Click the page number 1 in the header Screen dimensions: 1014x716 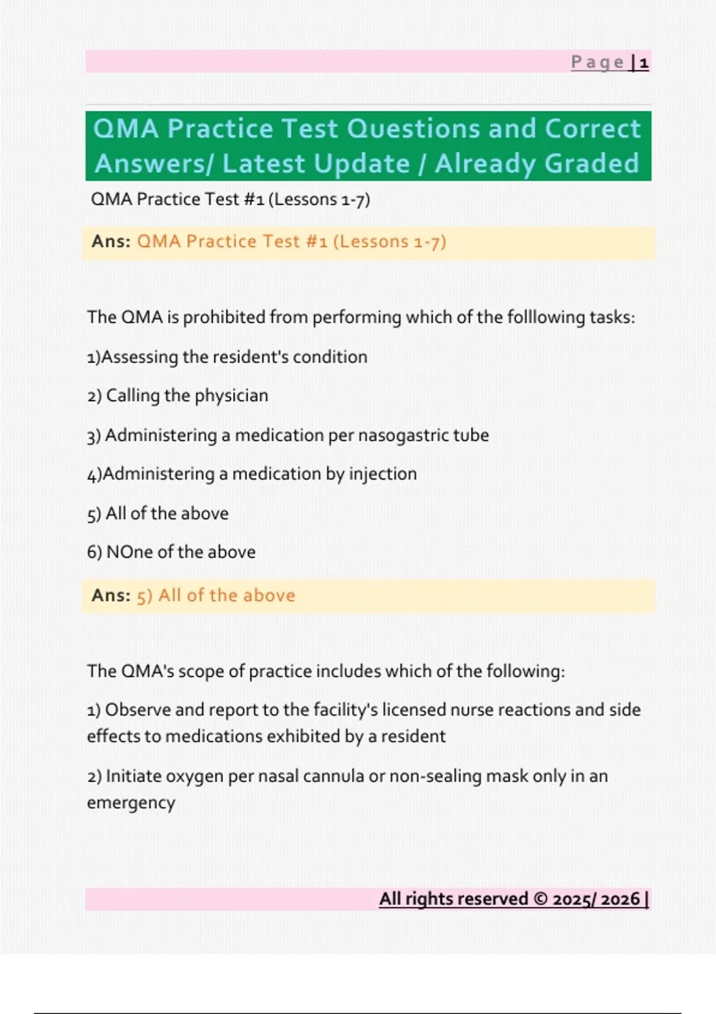coord(644,63)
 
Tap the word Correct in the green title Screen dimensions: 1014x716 coord(592,128)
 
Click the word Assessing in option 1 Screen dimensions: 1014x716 coord(140,357)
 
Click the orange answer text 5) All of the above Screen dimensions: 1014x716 coord(216,595)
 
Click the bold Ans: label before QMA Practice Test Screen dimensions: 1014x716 coord(111,242)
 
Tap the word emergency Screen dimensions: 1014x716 coord(131,803)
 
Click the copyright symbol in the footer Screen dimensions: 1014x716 coord(540,899)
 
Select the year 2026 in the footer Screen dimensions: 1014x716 coord(620,899)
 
